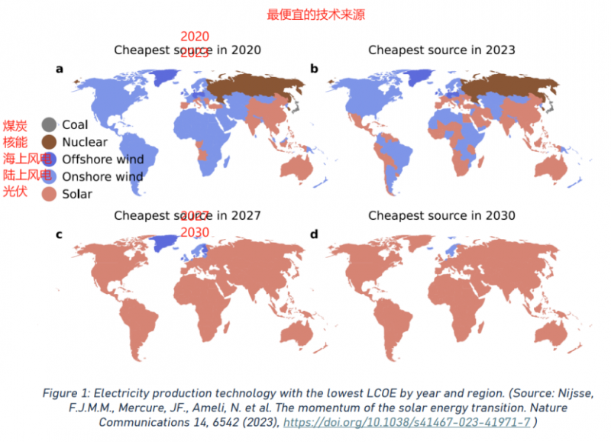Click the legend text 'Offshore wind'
click(x=102, y=160)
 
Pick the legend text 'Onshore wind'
click(x=102, y=176)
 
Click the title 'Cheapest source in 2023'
click(x=441, y=50)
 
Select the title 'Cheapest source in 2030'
click(x=441, y=215)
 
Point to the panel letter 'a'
click(x=60, y=69)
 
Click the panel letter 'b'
click(x=314, y=69)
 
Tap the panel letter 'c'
click(x=59, y=234)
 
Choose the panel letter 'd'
click(x=314, y=234)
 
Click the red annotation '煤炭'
click(x=15, y=125)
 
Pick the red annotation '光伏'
click(x=15, y=191)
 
